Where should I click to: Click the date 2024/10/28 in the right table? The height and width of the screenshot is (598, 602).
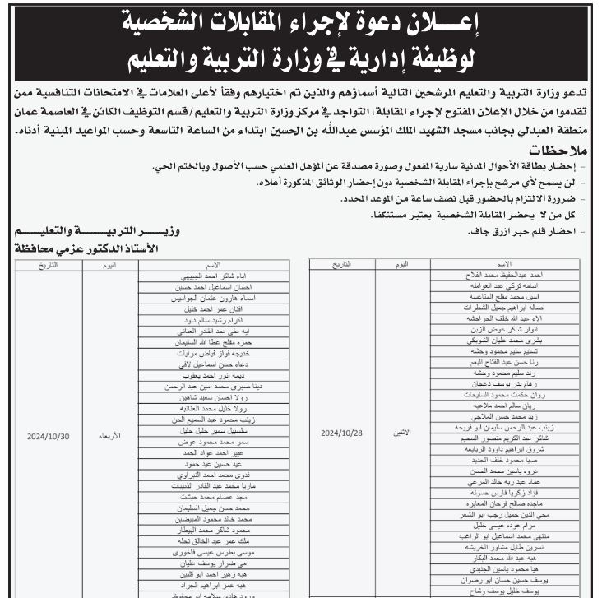(x=340, y=431)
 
